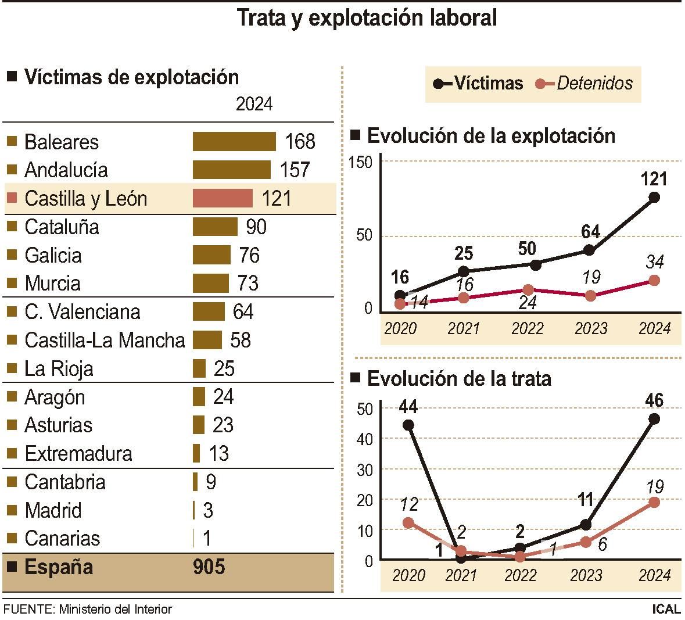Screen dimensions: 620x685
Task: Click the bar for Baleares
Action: [234, 142]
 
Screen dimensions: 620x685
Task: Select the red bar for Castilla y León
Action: [223, 198]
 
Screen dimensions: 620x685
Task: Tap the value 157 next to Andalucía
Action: [295, 170]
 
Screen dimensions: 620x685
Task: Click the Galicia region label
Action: [53, 255]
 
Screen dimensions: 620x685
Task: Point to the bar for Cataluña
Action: [215, 227]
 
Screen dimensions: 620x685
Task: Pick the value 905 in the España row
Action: [209, 567]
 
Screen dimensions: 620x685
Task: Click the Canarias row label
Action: [62, 539]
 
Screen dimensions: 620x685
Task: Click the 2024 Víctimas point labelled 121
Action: [654, 197]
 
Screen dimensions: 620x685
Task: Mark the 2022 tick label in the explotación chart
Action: [527, 329]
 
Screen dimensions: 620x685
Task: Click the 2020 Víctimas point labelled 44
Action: [408, 425]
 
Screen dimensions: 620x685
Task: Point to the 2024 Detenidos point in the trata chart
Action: [654, 502]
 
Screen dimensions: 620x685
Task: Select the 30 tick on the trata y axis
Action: [364, 469]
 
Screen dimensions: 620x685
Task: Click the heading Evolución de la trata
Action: [459, 379]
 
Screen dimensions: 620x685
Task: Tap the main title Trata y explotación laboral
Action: [367, 17]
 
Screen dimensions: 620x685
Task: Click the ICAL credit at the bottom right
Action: [666, 610]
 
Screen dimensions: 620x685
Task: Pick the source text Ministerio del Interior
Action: [116, 610]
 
